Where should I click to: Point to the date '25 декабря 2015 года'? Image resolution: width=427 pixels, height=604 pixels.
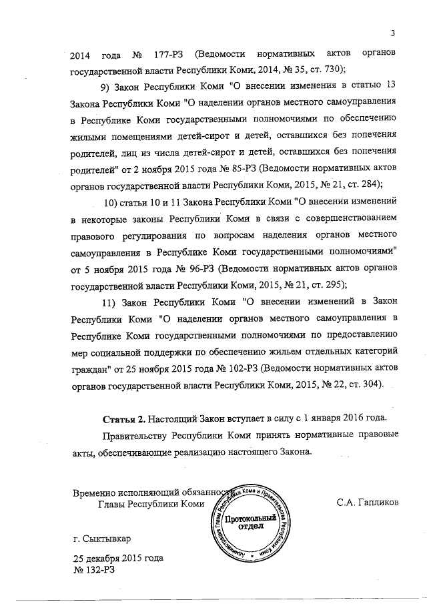117,558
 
